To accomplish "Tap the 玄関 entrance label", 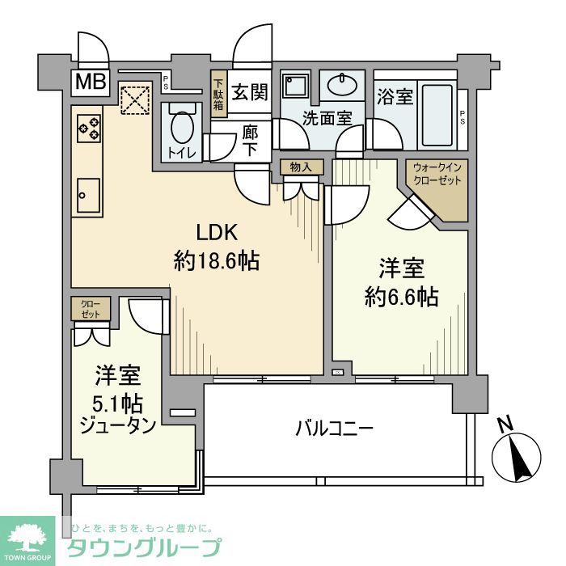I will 250,91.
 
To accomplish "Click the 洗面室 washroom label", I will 327,117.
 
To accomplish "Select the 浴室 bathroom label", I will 395,96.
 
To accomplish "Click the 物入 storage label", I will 301,167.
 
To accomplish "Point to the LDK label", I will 215,233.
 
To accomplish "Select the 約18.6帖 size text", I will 217,260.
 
